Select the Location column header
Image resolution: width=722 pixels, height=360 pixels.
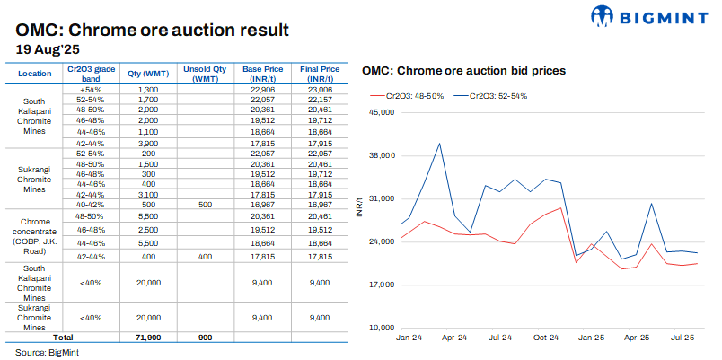click(34, 73)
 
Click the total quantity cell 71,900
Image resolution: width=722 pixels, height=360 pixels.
click(149, 336)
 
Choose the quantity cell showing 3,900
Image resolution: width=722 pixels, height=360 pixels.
click(149, 142)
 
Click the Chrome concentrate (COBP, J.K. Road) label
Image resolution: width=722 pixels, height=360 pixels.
click(34, 235)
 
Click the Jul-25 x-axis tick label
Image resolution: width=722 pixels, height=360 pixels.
click(683, 338)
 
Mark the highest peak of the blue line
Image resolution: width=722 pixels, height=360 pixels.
click(439, 143)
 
